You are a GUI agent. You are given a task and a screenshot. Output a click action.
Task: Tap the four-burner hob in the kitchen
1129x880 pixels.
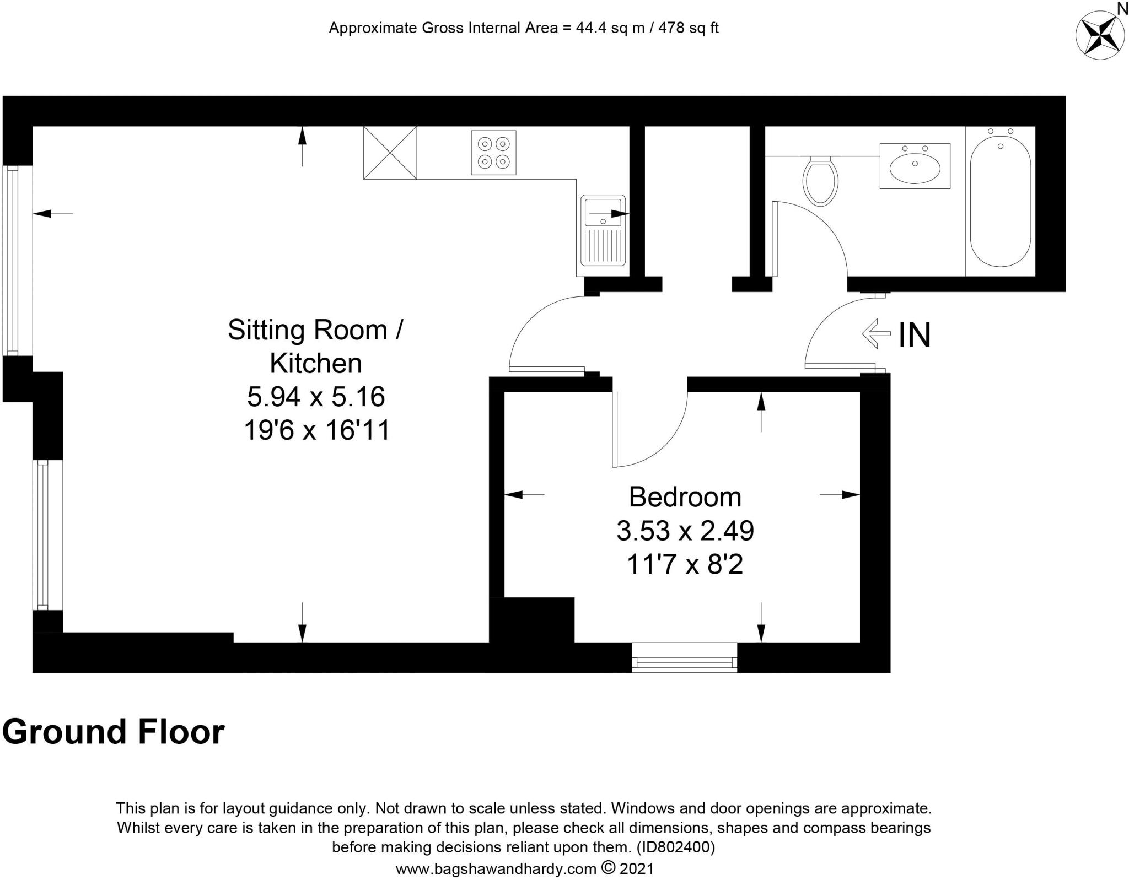point(494,153)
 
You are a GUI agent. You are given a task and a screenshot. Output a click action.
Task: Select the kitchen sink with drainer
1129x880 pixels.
point(602,235)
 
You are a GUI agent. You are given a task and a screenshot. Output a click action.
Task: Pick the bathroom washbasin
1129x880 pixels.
point(915,166)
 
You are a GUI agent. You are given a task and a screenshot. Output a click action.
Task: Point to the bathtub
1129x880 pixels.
point(1000,201)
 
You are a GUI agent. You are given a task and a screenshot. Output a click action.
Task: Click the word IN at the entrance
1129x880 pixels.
point(915,335)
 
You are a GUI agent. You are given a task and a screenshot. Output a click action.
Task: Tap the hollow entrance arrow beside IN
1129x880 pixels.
point(876,333)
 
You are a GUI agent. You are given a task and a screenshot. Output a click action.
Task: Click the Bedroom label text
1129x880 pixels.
point(685,498)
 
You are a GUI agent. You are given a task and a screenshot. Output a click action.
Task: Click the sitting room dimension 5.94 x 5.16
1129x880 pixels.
point(316,397)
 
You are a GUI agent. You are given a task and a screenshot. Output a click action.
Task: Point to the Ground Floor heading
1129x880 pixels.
point(114,732)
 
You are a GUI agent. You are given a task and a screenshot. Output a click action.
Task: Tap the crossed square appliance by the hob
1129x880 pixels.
point(390,153)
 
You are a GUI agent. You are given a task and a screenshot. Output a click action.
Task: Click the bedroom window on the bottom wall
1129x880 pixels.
point(685,657)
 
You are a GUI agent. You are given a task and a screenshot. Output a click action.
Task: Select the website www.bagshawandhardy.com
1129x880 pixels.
point(496,869)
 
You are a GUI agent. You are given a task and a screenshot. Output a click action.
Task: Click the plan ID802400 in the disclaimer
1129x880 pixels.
point(676,847)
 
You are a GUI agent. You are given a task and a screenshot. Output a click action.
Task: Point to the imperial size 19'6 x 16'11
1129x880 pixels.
point(317,430)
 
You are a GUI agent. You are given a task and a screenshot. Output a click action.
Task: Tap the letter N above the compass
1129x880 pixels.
point(1122,8)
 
